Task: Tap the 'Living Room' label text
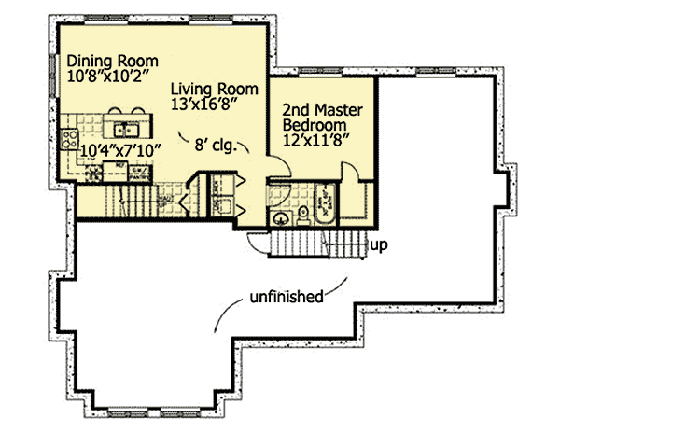pyautogui.click(x=206, y=89)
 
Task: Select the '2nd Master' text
pyautogui.click(x=323, y=110)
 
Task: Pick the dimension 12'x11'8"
pyautogui.click(x=316, y=141)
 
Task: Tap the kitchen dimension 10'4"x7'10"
pyautogui.click(x=122, y=148)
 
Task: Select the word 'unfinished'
pyautogui.click(x=286, y=298)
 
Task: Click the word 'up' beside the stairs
pyautogui.click(x=379, y=245)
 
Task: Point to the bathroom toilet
pyautogui.click(x=303, y=216)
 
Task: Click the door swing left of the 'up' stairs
pyautogui.click(x=256, y=241)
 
